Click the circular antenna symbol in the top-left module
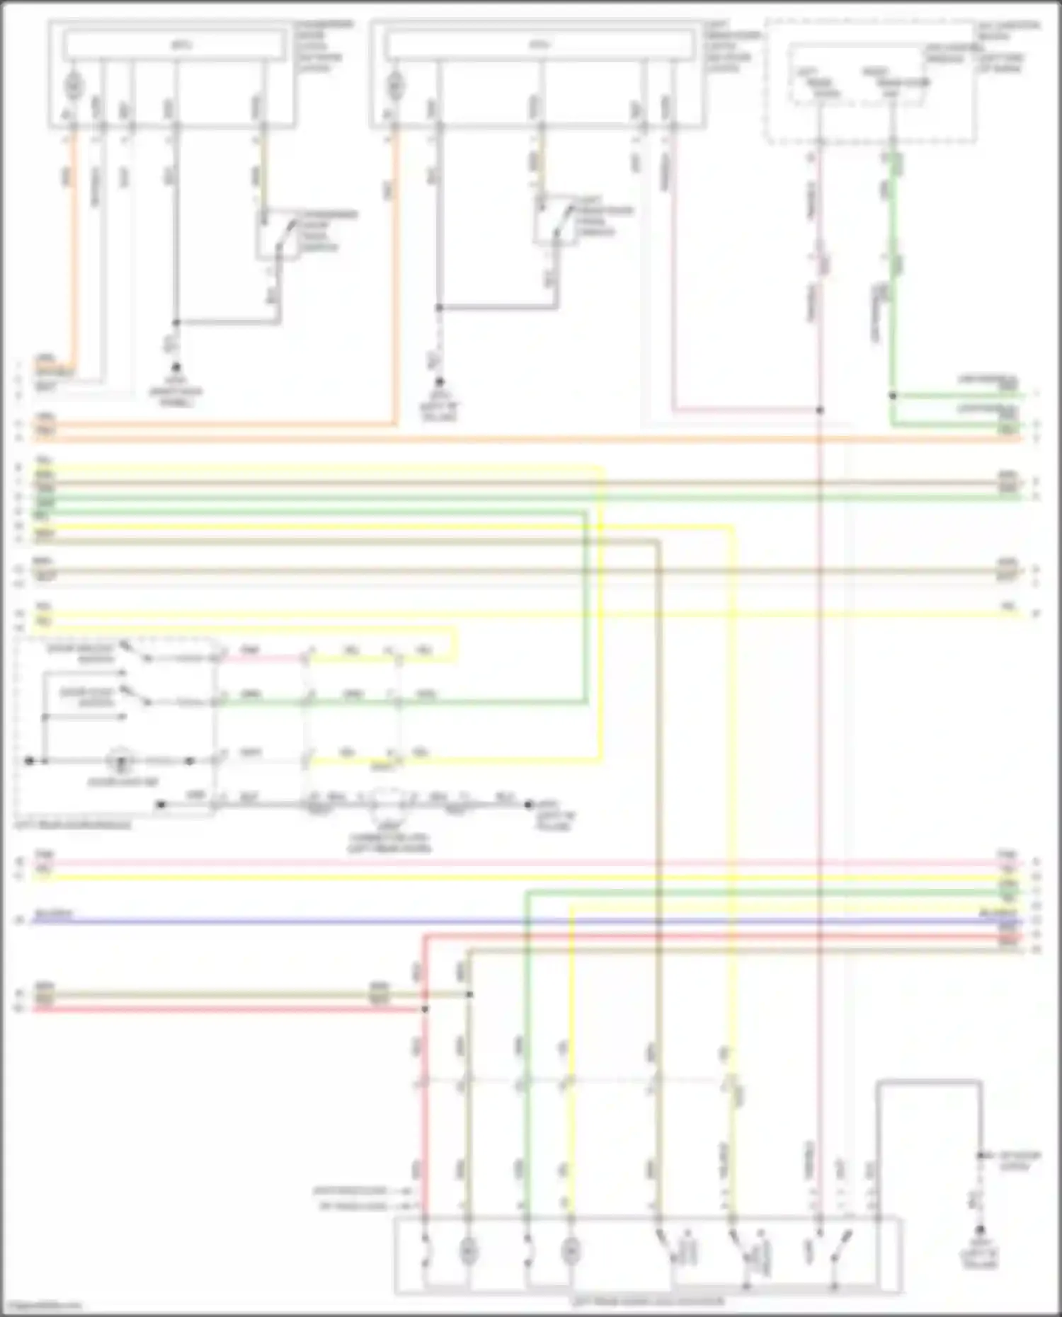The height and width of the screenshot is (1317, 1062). coord(74,86)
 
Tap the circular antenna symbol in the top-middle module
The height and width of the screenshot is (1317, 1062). coord(394,86)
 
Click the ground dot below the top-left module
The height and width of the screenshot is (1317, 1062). coord(176,368)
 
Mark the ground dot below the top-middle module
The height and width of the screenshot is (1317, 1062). coord(439,381)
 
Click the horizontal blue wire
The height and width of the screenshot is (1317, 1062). coord(496,921)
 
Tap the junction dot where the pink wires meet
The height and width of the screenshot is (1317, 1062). coord(819,410)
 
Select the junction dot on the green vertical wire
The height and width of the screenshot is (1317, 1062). coord(893,396)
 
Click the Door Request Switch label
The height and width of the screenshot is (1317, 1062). coord(69,652)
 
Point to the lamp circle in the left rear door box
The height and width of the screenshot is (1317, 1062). coord(121,761)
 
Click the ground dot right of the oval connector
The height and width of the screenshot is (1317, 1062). coord(528,805)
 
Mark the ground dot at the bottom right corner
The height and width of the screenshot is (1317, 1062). coord(981,1231)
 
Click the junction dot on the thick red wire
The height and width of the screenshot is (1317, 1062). coord(425,1008)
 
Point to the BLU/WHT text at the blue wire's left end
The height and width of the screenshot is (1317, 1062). coord(53,914)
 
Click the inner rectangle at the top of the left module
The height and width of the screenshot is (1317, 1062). coord(175,45)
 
